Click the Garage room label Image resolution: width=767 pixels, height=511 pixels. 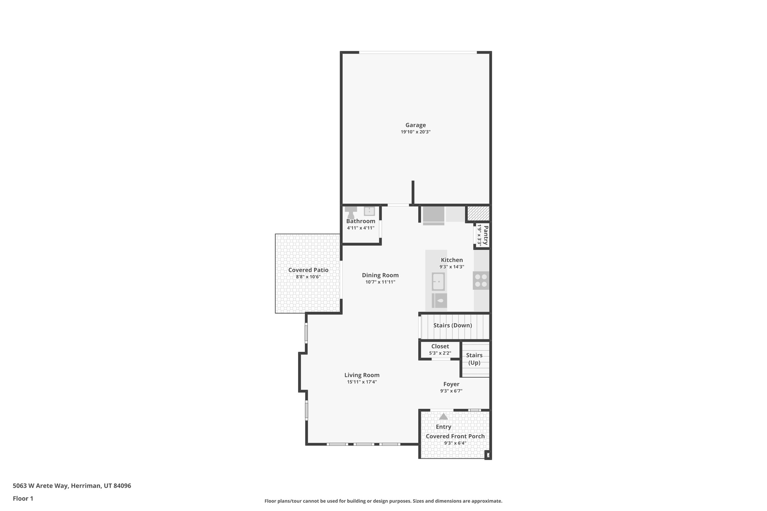(415, 125)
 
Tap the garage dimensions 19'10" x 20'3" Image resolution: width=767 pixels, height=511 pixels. (415, 132)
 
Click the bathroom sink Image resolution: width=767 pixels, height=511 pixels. (369, 211)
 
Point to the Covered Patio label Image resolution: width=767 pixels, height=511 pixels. (308, 270)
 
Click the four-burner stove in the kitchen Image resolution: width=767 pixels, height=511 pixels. (481, 280)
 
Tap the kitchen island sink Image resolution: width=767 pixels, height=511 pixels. (438, 282)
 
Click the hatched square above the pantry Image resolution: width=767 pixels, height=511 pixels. (478, 213)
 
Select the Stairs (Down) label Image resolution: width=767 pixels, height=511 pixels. (452, 325)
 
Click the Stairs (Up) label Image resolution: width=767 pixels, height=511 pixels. (474, 359)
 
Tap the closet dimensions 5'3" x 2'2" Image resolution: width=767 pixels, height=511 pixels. (440, 353)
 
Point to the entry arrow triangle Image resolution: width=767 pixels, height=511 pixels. (443, 416)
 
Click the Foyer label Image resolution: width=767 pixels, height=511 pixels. (451, 384)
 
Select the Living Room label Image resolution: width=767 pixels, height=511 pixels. (362, 375)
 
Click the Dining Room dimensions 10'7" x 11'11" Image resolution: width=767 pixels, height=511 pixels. (380, 282)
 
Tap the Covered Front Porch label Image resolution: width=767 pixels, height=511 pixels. (455, 436)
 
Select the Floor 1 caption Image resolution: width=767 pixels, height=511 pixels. (23, 498)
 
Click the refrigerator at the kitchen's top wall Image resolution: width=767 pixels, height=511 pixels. (433, 215)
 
